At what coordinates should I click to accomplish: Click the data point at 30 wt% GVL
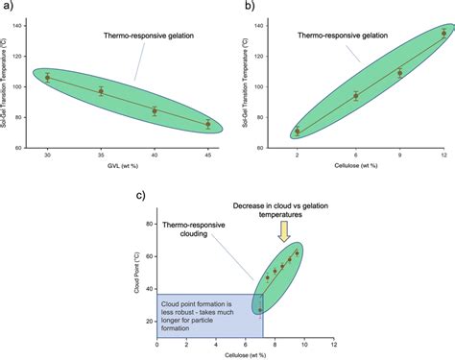click(x=48, y=77)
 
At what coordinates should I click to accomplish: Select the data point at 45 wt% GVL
click(x=208, y=124)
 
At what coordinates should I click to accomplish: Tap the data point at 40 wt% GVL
click(x=155, y=111)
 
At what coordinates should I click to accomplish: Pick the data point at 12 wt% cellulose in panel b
click(x=443, y=33)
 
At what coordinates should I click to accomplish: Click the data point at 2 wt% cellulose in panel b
click(x=297, y=131)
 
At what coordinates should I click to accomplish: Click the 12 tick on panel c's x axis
click(x=333, y=345)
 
